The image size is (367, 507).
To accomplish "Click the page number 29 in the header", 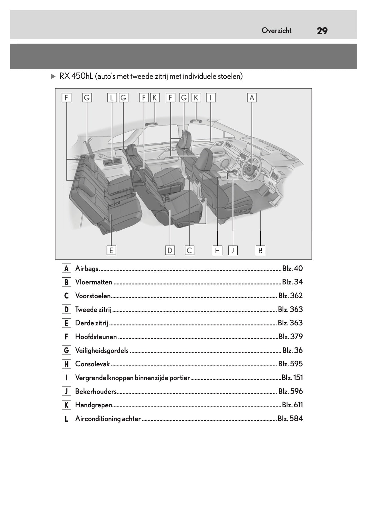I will (322, 31).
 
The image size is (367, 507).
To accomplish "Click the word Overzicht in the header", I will (276, 31).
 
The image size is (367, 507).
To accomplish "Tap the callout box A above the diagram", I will (252, 98).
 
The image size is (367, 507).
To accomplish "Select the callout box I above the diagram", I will (211, 98).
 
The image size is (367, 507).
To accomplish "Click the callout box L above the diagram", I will (112, 98).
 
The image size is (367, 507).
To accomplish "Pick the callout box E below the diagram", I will (111, 250).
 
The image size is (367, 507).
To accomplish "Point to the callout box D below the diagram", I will (170, 250).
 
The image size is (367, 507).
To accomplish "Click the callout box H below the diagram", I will (218, 250).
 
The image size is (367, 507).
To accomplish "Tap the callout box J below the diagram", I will (233, 250).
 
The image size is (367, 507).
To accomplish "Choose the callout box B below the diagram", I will (261, 250).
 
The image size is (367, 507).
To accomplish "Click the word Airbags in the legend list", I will (86, 269).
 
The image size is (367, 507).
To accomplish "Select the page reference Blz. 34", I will (292, 282).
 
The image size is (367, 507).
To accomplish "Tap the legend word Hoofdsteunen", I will (96, 337).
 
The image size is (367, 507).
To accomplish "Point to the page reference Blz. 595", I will (290, 364).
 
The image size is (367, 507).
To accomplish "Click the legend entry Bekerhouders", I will (96, 392).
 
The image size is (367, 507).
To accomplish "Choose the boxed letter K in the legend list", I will (66, 405).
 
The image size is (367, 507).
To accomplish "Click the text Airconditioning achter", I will (108, 419).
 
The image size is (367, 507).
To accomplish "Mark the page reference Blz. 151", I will (292, 378).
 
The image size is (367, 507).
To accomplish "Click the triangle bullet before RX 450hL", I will (53, 76).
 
